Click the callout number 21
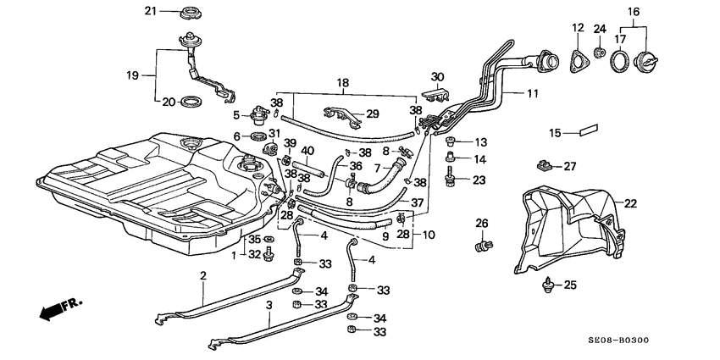(x=151, y=10)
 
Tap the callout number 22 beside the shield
(x=630, y=203)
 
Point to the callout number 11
(x=532, y=95)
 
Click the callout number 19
(x=132, y=75)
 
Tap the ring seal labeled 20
(x=193, y=102)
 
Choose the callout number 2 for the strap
(x=203, y=275)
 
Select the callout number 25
(x=569, y=285)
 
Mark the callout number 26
(x=481, y=224)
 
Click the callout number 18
(x=343, y=83)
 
